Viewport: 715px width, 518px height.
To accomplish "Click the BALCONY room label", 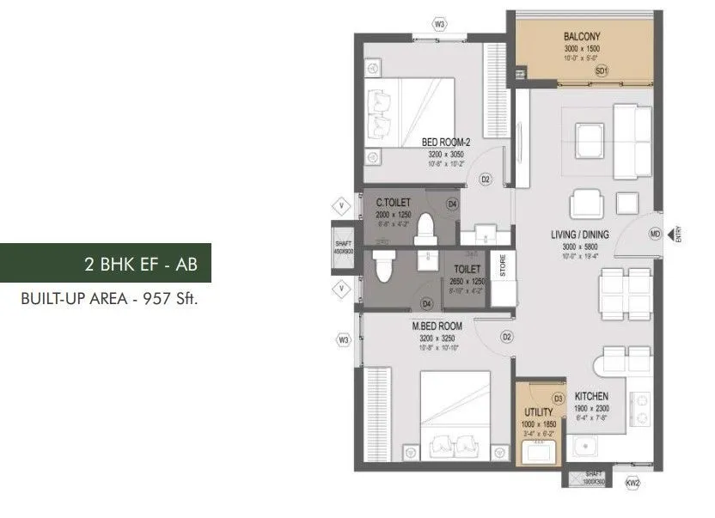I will pyautogui.click(x=582, y=36).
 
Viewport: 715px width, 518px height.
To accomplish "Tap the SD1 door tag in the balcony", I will pyautogui.click(x=602, y=70).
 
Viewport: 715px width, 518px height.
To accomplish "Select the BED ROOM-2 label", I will pyautogui.click(x=446, y=142).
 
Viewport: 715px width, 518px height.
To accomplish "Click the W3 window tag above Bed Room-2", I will pyautogui.click(x=440, y=24).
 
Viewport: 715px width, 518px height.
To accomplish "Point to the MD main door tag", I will pyautogui.click(x=655, y=234).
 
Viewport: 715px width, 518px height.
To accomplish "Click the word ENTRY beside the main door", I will pyautogui.click(x=679, y=234).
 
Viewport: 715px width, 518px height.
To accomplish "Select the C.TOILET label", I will pyautogui.click(x=394, y=203).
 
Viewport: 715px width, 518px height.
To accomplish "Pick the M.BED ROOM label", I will pyautogui.click(x=437, y=326).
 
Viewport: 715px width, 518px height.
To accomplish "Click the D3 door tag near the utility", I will pyautogui.click(x=557, y=398).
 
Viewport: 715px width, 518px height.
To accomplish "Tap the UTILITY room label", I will pyautogui.click(x=537, y=412).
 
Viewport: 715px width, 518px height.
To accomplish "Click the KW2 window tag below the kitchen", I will pyautogui.click(x=634, y=484).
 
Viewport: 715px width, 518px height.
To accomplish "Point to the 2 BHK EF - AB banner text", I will pyautogui.click(x=141, y=264).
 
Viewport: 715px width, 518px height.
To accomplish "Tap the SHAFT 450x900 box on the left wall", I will pyautogui.click(x=344, y=248).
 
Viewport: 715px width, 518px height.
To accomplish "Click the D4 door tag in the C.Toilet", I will pyautogui.click(x=452, y=204).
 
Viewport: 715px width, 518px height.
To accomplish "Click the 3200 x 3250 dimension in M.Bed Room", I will pyautogui.click(x=437, y=338).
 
